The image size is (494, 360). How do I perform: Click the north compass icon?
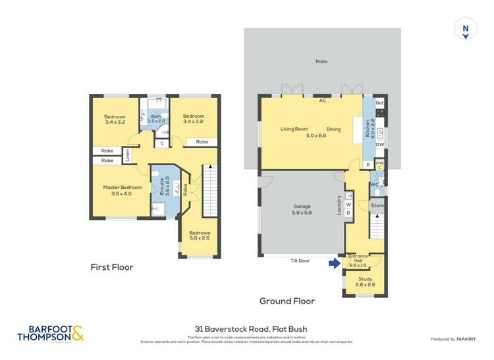coord(466,30)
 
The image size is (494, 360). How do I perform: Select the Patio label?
coord(321,62)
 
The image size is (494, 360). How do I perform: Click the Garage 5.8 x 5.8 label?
coord(302,210)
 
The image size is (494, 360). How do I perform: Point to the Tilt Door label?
coord(300,261)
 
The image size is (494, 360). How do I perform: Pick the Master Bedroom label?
coord(123,191)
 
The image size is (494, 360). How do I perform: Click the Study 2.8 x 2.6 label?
coord(364,280)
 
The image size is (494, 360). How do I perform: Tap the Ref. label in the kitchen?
coord(379,104)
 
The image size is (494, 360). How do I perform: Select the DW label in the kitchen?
coord(379,144)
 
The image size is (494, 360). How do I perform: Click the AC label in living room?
coord(323,101)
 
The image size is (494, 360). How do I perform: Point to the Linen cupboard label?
coord(127,156)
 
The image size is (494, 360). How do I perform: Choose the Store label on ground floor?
coord(377,206)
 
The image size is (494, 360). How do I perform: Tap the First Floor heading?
coord(112,267)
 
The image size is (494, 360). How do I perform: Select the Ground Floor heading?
coord(287,301)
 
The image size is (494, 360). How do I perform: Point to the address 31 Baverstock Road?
coord(251,328)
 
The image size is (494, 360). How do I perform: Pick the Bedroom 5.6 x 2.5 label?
coord(200,236)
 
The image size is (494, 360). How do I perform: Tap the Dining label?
coord(333,129)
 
